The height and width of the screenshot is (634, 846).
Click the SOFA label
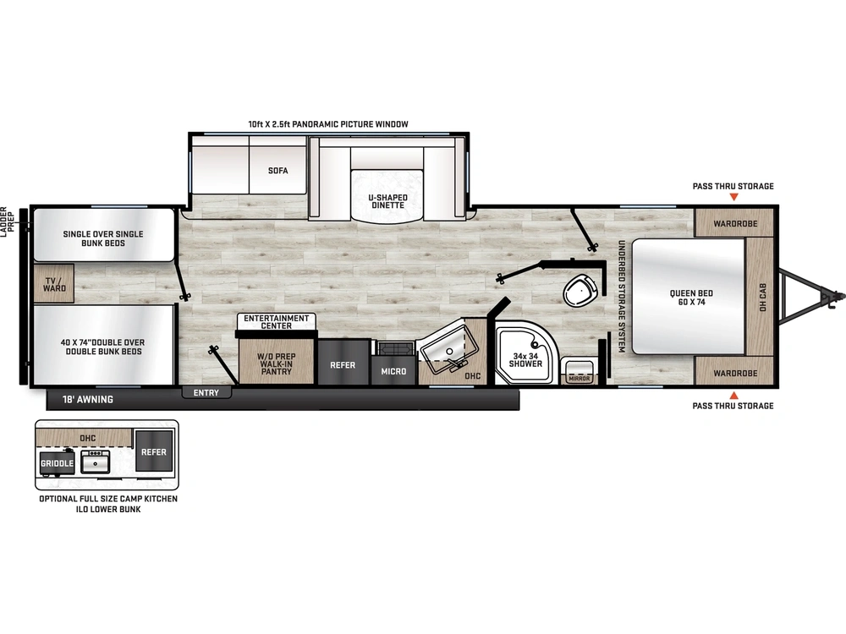pos(278,171)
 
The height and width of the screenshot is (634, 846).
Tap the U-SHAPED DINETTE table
pos(387,196)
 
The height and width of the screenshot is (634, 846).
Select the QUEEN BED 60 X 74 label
pos(691,298)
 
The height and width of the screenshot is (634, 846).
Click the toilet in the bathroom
pos(580,290)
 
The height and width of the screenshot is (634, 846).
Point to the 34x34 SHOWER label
pos(525,359)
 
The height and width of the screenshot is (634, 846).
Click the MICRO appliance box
pos(393,371)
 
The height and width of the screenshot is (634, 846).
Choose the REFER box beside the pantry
pos(343,365)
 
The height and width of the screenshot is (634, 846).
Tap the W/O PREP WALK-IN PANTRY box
pos(277,363)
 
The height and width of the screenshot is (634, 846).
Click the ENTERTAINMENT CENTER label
pos(277,320)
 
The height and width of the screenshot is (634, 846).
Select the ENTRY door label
pos(206,393)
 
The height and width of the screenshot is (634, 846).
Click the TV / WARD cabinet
pos(53,283)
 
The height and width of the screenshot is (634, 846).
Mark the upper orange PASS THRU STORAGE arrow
pos(733,198)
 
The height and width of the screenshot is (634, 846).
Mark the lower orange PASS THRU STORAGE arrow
pos(733,395)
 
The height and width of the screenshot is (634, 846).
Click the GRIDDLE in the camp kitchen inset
pos(57,463)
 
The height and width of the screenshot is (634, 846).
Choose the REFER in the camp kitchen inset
pos(154,452)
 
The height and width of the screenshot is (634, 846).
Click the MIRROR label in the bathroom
pos(580,378)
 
